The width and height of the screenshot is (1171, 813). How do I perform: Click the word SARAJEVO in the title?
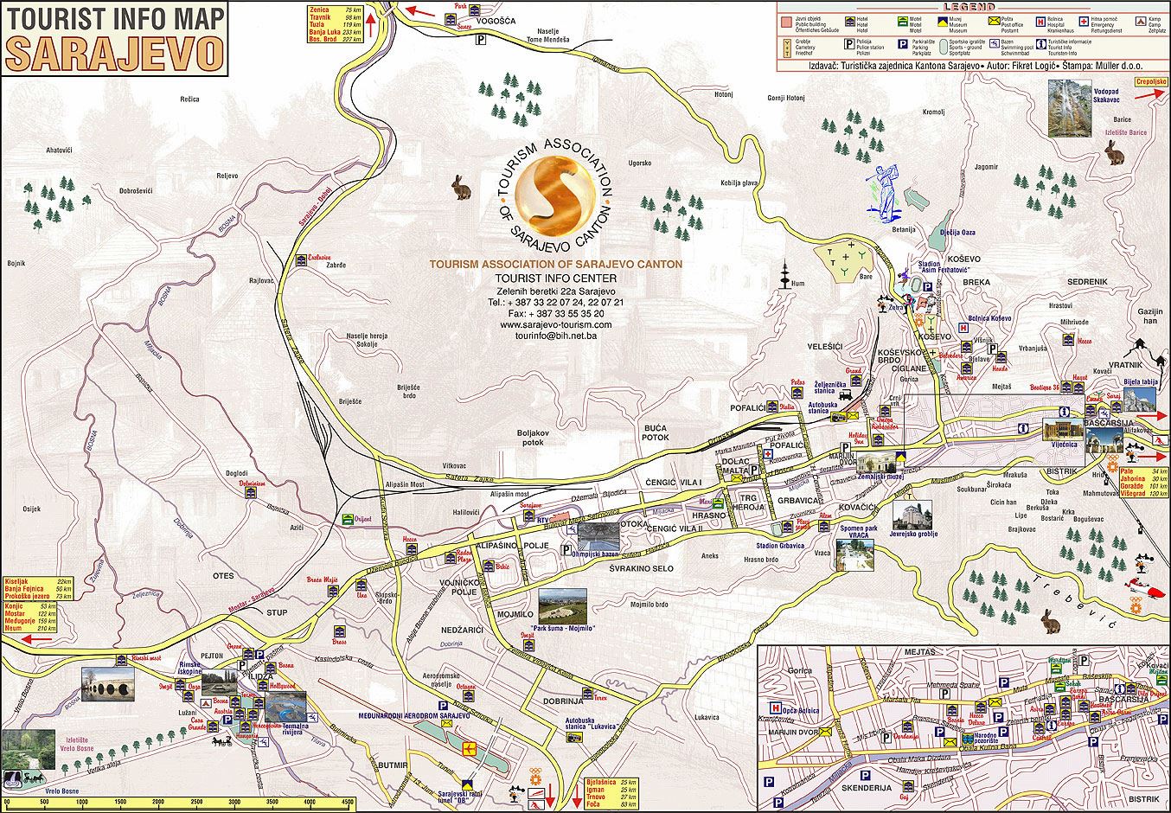pos(114,53)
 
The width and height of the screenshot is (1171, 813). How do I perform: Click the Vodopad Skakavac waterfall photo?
pos(1068,108)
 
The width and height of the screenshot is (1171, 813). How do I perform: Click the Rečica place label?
pos(189,99)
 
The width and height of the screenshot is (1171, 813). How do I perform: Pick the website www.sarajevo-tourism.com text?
pos(555,324)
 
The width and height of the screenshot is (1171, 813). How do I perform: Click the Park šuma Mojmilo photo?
pos(561,606)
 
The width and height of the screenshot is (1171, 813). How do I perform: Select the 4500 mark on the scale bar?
pos(347,803)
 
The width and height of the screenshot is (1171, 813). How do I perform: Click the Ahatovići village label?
pos(59,150)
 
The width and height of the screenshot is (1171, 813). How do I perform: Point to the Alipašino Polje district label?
pos(513,547)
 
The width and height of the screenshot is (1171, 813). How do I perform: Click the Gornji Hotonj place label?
pos(785,98)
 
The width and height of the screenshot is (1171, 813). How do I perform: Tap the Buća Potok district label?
pos(656,432)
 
